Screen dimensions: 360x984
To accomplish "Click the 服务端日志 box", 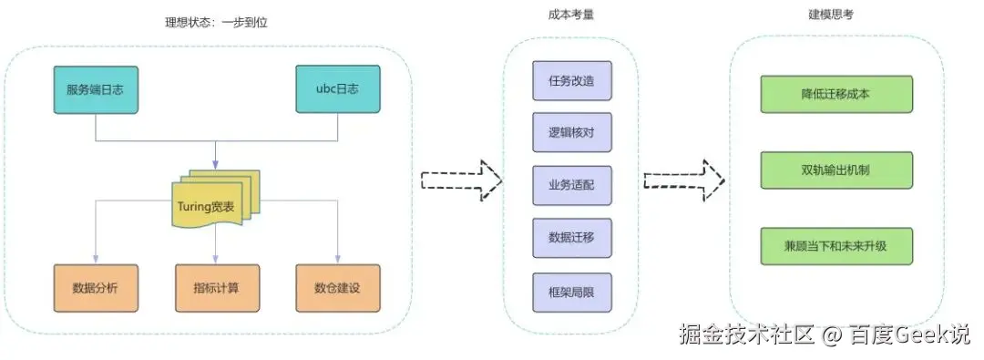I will pos(96,89).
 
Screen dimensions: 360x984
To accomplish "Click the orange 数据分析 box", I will pos(96,288).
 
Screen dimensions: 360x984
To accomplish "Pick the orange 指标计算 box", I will pos(217,288).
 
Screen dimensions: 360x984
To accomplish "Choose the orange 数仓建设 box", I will pos(337,288).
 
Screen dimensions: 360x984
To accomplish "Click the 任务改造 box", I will pos(572,80).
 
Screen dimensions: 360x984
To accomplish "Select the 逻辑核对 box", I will pos(572,133).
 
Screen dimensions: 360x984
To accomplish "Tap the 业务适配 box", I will pos(572,186).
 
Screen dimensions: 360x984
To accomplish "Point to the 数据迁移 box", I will pos(572,238).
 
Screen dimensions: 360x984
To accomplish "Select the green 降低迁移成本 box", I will pos(835,94).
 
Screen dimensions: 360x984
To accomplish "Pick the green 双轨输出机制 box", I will pos(835,170).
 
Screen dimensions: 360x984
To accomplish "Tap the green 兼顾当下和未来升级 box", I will pos(835,246).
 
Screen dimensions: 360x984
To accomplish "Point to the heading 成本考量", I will pos(571,15).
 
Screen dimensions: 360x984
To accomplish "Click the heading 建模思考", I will pos(830,15).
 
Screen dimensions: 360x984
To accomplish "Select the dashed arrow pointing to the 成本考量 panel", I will pos(462,179).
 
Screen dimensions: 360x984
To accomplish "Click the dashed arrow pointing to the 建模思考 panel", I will pos(684,179).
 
